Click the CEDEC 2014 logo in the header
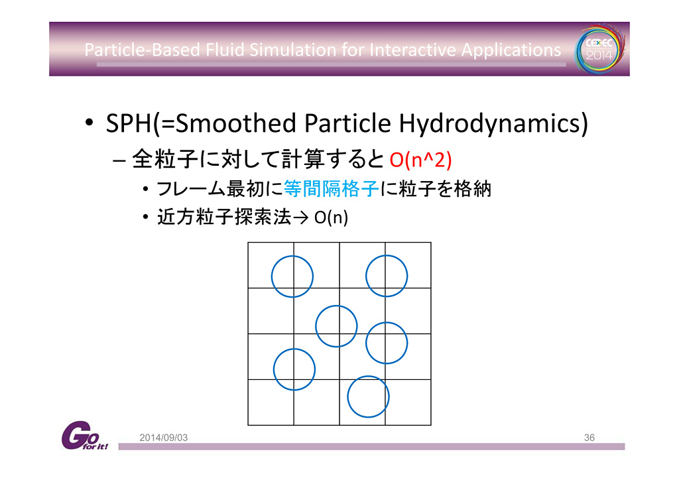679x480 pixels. pyautogui.click(x=600, y=48)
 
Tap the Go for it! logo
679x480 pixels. pyautogui.click(x=84, y=436)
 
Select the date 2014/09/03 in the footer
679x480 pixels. pyautogui.click(x=164, y=438)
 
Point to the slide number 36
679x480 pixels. pyautogui.click(x=589, y=438)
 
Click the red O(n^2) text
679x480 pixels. pyautogui.click(x=420, y=160)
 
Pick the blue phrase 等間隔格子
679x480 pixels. pyautogui.click(x=332, y=189)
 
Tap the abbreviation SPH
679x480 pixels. pyautogui.click(x=129, y=123)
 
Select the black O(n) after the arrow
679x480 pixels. pyautogui.click(x=332, y=217)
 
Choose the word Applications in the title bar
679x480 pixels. pyautogui.click(x=511, y=50)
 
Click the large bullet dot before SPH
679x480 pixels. pyautogui.click(x=90, y=123)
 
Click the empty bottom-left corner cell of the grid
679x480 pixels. pyautogui.click(x=271, y=402)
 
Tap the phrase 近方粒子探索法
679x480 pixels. pyautogui.click(x=224, y=217)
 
